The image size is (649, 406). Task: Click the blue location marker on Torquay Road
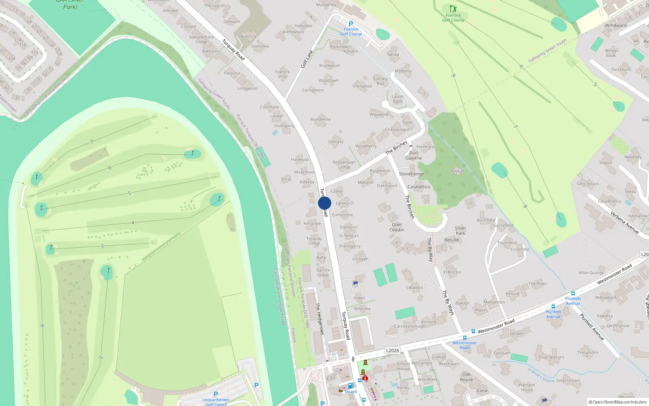[x=324, y=203]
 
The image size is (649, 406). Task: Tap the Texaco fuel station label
[x=350, y=392]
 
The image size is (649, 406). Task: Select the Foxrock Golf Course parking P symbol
[x=351, y=24]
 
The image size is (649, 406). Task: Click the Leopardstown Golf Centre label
[x=216, y=402]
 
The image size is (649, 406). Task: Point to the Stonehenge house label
[x=411, y=174]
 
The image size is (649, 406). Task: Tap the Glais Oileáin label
[x=397, y=227]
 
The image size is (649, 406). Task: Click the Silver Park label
[x=460, y=231]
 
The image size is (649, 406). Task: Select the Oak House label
[x=466, y=377]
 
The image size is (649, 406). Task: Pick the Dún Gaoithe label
[x=413, y=155]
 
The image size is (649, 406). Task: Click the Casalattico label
[x=419, y=187]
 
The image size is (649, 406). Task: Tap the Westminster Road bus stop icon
[x=465, y=337]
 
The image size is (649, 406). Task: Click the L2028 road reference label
[x=392, y=350]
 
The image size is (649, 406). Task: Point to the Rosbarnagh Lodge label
[x=344, y=164]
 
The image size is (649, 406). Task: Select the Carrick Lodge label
[x=323, y=272]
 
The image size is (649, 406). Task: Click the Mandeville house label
[x=320, y=119]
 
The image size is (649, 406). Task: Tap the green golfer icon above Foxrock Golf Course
[x=453, y=9]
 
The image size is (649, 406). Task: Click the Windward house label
[x=616, y=25]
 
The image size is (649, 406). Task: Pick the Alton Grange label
[x=591, y=273]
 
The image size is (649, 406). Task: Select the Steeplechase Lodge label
[x=202, y=39]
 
